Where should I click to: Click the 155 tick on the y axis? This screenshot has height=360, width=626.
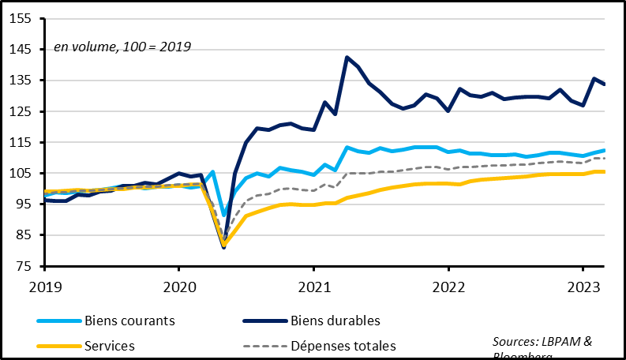pyautogui.click(x=21, y=18)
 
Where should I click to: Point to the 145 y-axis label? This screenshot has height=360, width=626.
pyautogui.click(x=21, y=49)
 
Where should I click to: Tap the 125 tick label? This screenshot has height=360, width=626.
pyautogui.click(x=21, y=111)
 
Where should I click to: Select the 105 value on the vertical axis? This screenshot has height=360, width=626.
pyautogui.click(x=21, y=173)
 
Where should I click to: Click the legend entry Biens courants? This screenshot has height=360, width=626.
pyautogui.click(x=131, y=321)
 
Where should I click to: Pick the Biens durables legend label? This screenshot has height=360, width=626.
pyautogui.click(x=335, y=321)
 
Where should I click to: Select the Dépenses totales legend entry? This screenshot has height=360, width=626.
pyautogui.click(x=343, y=346)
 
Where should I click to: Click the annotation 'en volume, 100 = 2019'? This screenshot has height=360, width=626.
pyautogui.click(x=122, y=47)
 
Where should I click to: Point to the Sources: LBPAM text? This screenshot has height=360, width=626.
pyautogui.click(x=542, y=340)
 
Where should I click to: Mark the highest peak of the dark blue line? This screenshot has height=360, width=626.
pyautogui.click(x=347, y=57)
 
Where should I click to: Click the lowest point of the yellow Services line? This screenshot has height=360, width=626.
pyautogui.click(x=224, y=244)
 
